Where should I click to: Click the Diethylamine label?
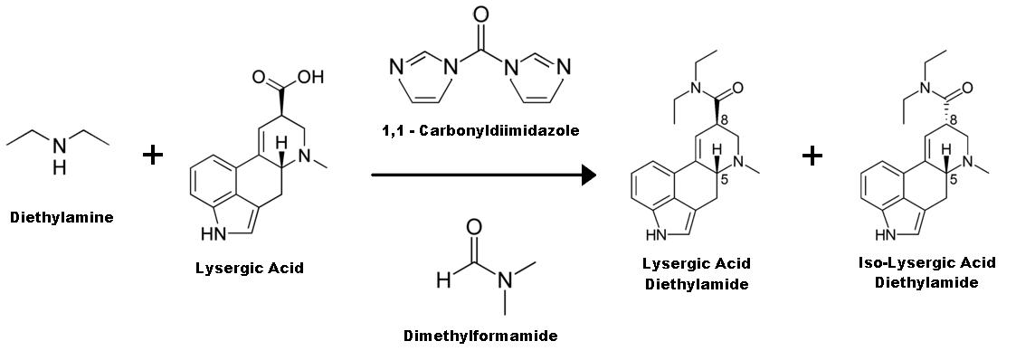62,217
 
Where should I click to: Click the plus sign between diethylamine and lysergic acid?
153,156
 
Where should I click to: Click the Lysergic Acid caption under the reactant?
250,267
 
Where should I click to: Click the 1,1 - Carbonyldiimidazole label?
480,132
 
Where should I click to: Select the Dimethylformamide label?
480,336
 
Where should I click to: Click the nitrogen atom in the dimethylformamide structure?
504,281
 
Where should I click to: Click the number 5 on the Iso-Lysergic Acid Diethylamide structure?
951,179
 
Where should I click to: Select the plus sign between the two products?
812,156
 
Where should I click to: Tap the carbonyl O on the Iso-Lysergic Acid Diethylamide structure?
968,88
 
